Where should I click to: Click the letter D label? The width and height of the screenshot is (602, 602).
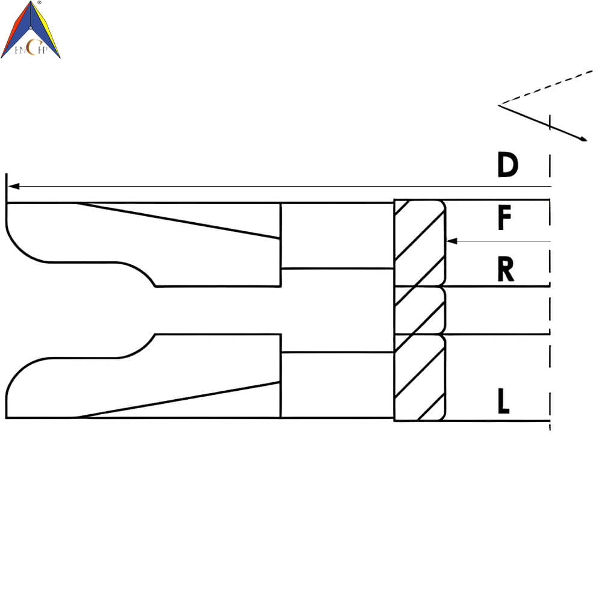pyautogui.click(x=507, y=165)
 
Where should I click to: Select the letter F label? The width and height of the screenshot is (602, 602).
pyautogui.click(x=504, y=217)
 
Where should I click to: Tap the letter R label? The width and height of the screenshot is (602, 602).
pyautogui.click(x=505, y=269)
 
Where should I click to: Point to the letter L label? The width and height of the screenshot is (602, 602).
pyautogui.click(x=503, y=401)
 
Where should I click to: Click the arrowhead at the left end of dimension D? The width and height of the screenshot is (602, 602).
pyautogui.click(x=13, y=186)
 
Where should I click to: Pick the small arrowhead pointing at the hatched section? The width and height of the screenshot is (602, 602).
pyautogui.click(x=451, y=241)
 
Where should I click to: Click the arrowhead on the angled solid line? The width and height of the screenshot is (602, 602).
pyautogui.click(x=583, y=138)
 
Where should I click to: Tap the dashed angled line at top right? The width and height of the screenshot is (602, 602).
pyautogui.click(x=546, y=87)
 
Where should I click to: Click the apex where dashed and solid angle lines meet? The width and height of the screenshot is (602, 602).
pyautogui.click(x=498, y=105)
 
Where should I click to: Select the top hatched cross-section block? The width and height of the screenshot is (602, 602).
pyautogui.click(x=420, y=243)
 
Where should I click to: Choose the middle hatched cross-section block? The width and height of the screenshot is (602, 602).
pyautogui.click(x=420, y=310)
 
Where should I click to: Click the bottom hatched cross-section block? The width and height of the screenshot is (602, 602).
pyautogui.click(x=420, y=378)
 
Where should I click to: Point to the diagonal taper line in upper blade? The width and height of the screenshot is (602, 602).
pyautogui.click(x=178, y=221)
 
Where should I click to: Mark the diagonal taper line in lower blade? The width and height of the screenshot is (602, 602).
pyautogui.click(x=178, y=400)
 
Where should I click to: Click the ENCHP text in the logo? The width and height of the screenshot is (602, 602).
pyautogui.click(x=31, y=48)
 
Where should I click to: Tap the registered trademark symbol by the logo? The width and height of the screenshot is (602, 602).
pyautogui.click(x=39, y=2)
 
